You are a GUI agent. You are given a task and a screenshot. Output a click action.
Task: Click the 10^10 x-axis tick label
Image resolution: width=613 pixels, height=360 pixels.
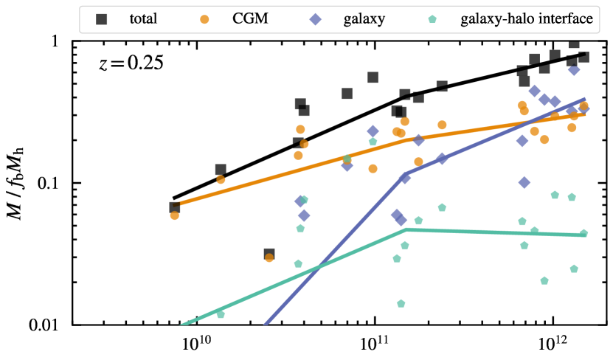[x=197, y=343]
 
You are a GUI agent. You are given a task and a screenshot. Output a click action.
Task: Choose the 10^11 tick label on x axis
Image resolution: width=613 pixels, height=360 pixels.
[x=375, y=343]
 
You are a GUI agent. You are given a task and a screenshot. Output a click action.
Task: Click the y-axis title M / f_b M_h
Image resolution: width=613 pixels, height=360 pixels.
[x=16, y=181]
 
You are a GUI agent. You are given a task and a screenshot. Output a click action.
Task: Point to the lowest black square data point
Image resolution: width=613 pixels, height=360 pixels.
[x=269, y=255]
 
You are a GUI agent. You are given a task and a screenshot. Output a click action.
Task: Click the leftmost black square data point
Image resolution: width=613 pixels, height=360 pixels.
[x=175, y=208]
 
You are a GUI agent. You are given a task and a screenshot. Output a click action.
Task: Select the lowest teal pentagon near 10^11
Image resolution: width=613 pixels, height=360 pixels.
[x=401, y=303]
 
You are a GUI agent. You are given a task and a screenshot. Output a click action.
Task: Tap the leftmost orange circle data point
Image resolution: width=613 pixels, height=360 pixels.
[x=175, y=215]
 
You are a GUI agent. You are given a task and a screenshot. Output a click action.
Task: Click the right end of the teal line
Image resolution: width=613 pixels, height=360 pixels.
[x=585, y=235]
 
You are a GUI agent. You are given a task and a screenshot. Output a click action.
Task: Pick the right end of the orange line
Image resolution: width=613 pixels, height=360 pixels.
[x=585, y=114]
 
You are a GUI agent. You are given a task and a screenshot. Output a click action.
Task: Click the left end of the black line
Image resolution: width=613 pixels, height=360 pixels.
[x=174, y=198]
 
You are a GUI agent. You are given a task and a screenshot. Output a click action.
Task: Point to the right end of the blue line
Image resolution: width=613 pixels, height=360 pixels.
[x=585, y=98]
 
